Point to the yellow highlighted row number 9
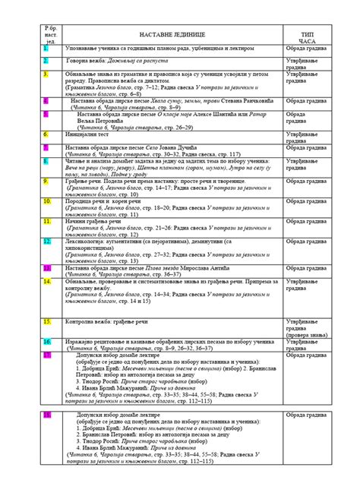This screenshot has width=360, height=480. point(46,181)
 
